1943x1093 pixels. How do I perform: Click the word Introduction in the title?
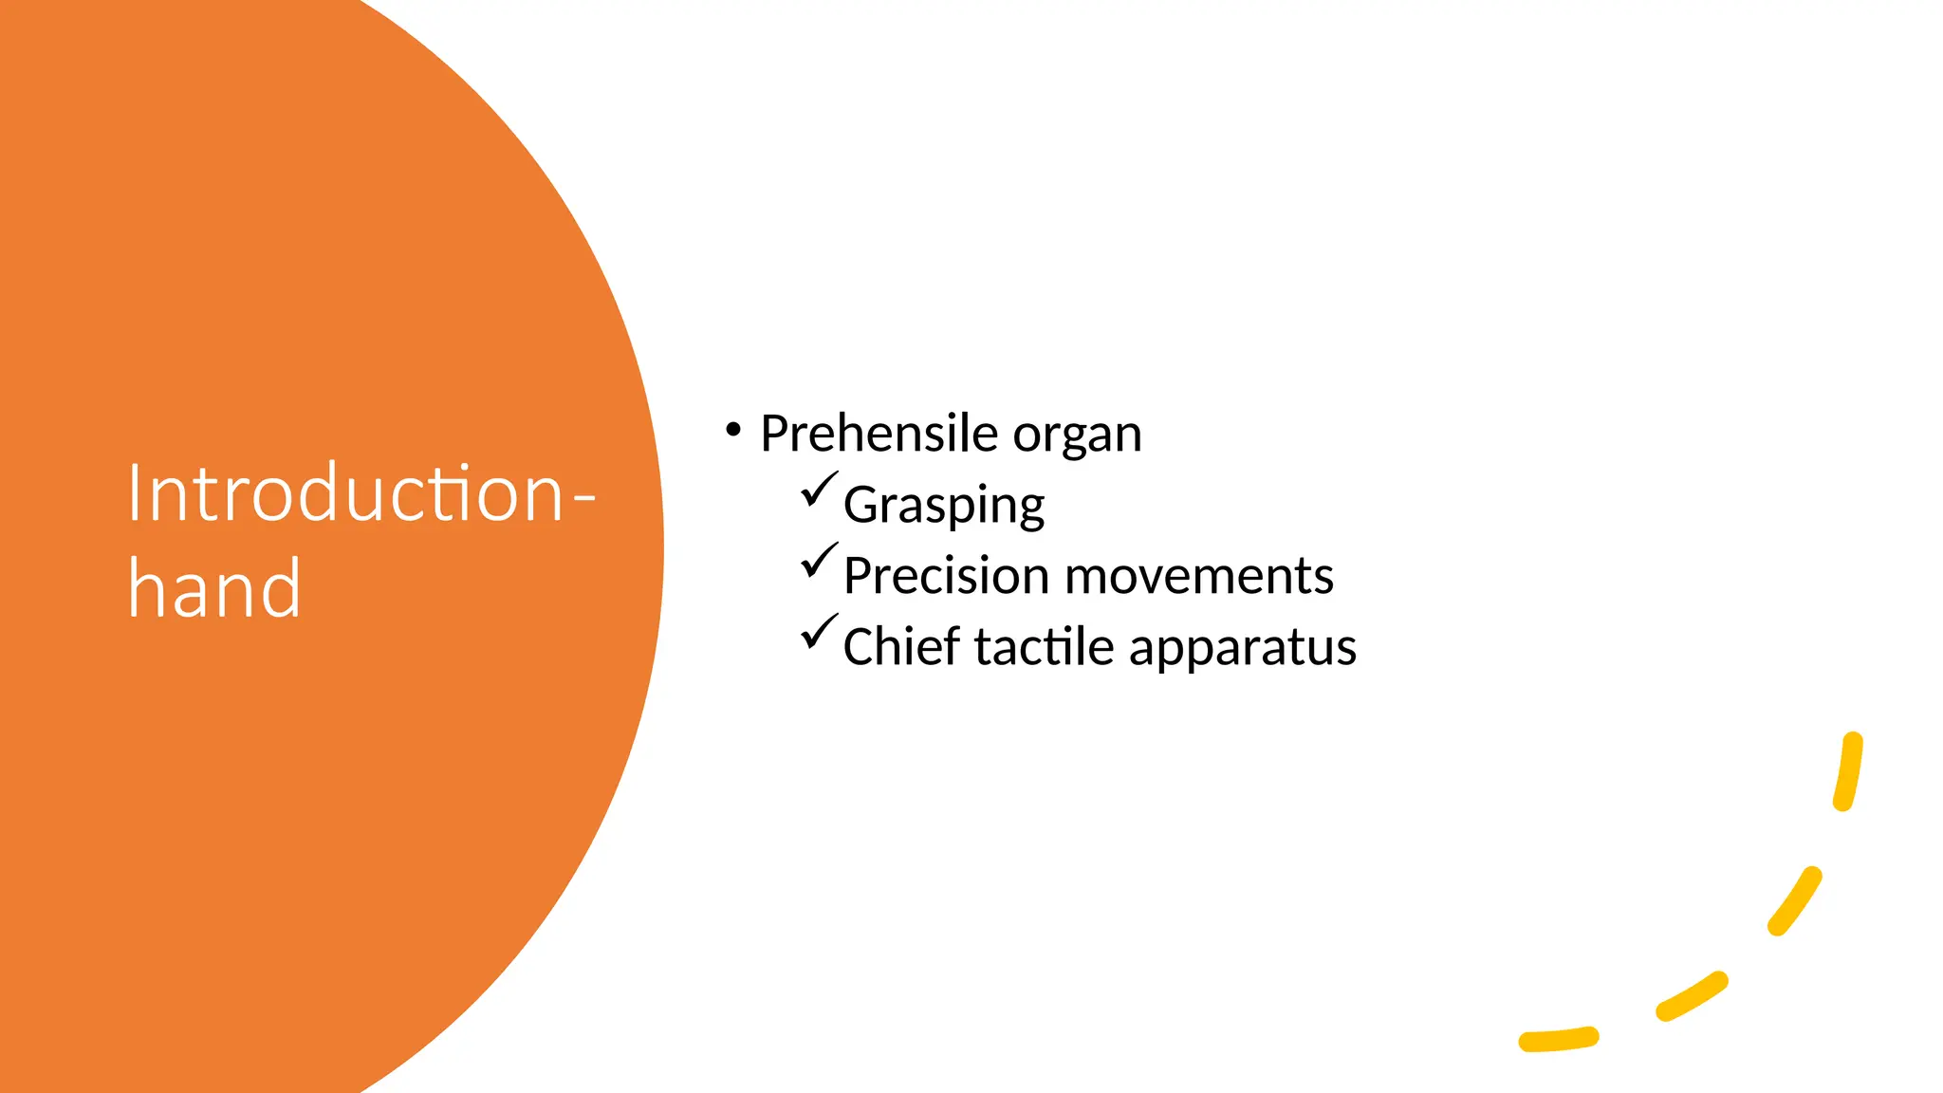pyautogui.click(x=347, y=493)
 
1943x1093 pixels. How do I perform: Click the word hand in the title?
pyautogui.click(x=214, y=589)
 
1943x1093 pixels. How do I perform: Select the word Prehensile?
pyautogui.click(x=879, y=434)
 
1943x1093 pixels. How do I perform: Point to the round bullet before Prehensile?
pyautogui.click(x=732, y=431)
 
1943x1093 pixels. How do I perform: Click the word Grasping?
pyautogui.click(x=944, y=506)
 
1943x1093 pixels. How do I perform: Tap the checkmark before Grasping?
pyautogui.click(x=819, y=490)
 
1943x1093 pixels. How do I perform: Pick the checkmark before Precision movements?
pyautogui.click(x=819, y=560)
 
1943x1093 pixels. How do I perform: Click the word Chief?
pyautogui.click(x=901, y=646)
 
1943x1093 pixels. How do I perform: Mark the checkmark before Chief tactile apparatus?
pyautogui.click(x=819, y=632)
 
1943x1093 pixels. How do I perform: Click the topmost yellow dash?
pyautogui.click(x=1848, y=771)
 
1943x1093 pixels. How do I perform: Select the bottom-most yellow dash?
pyautogui.click(x=1559, y=1040)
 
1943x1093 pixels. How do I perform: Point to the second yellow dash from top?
pyautogui.click(x=1795, y=900)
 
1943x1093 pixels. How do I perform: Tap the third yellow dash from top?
pyautogui.click(x=1692, y=996)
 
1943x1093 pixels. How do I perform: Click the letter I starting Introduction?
pyautogui.click(x=134, y=493)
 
